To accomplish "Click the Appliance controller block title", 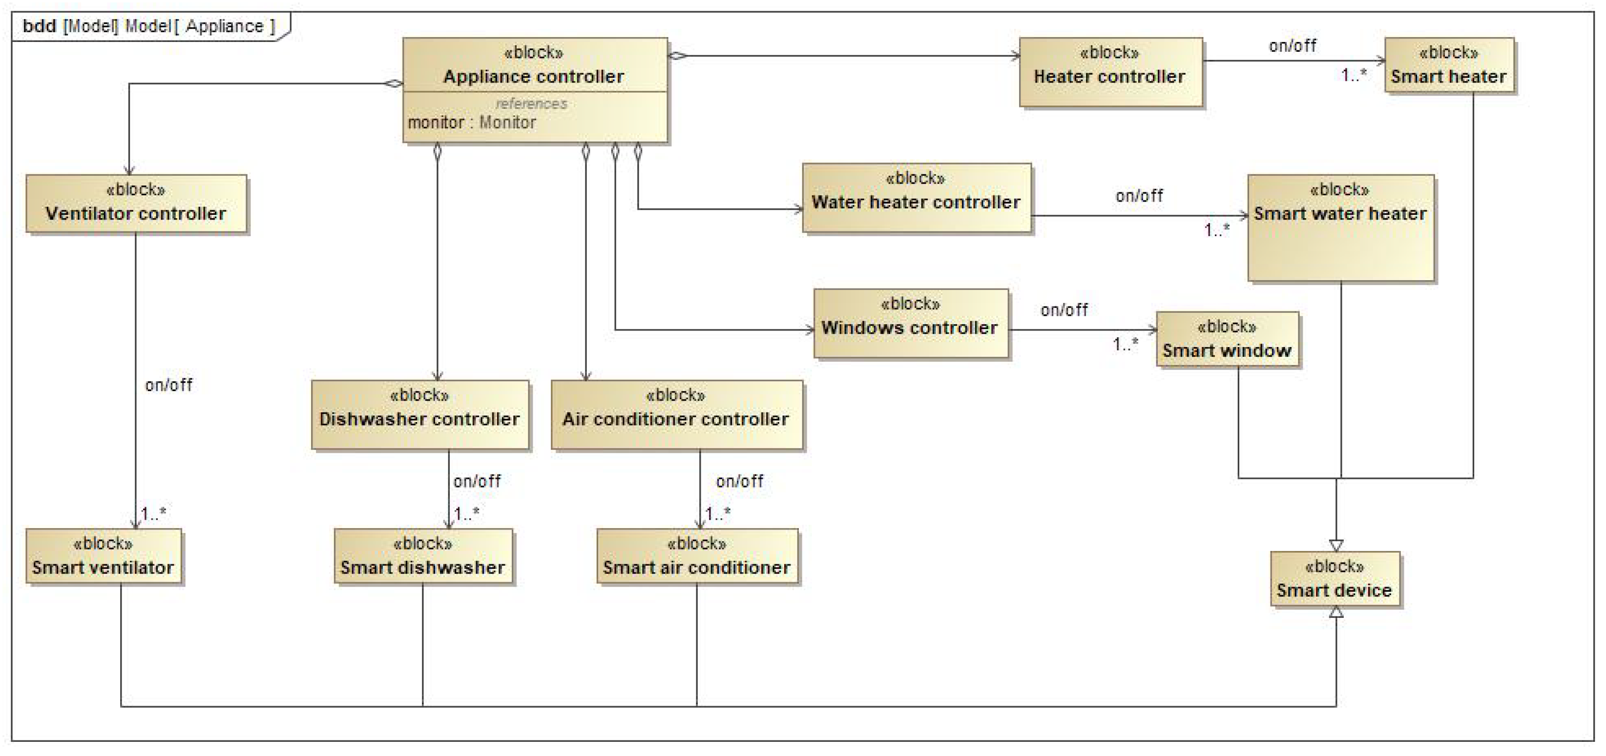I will [534, 76].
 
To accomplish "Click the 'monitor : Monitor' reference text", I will [472, 122].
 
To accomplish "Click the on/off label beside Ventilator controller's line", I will [168, 385].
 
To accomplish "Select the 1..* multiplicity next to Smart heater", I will [1354, 76].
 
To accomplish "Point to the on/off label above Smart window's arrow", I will [1064, 310].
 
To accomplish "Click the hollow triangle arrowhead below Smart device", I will [1335, 612].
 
